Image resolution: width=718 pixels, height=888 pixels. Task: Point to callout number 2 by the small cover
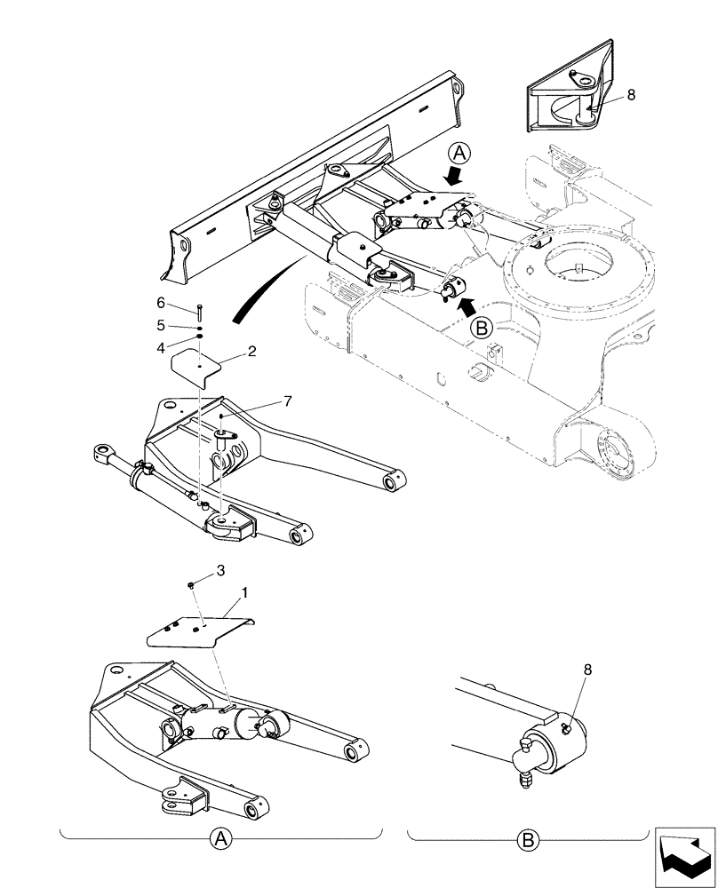[252, 352]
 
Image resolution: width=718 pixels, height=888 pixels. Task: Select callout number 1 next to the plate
[243, 590]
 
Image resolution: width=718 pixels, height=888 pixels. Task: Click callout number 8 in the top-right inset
[631, 94]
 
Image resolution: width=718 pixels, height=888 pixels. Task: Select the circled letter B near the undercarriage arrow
[483, 328]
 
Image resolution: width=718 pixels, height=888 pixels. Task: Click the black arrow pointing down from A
[454, 178]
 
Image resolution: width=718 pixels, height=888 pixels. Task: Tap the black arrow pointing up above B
[464, 306]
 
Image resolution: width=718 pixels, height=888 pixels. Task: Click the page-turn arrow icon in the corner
[684, 854]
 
